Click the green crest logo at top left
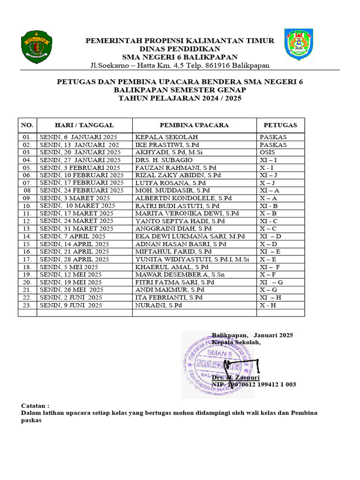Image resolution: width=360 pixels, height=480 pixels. point(37,46)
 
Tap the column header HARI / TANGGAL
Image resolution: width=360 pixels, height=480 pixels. point(84,125)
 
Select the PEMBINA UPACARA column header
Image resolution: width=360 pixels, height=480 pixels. point(194,125)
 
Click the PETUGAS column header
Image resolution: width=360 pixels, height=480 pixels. point(280,125)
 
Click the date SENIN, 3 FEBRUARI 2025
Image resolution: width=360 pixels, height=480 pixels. point(80,167)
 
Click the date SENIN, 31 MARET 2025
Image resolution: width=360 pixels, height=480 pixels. point(77,228)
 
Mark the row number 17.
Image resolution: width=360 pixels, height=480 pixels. point(27,259)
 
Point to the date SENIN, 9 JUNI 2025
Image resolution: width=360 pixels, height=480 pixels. point(71,305)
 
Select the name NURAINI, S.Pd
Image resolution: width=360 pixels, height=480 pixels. point(158,305)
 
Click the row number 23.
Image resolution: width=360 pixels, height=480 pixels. point(27,305)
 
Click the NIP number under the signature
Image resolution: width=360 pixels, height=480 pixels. point(254,384)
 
